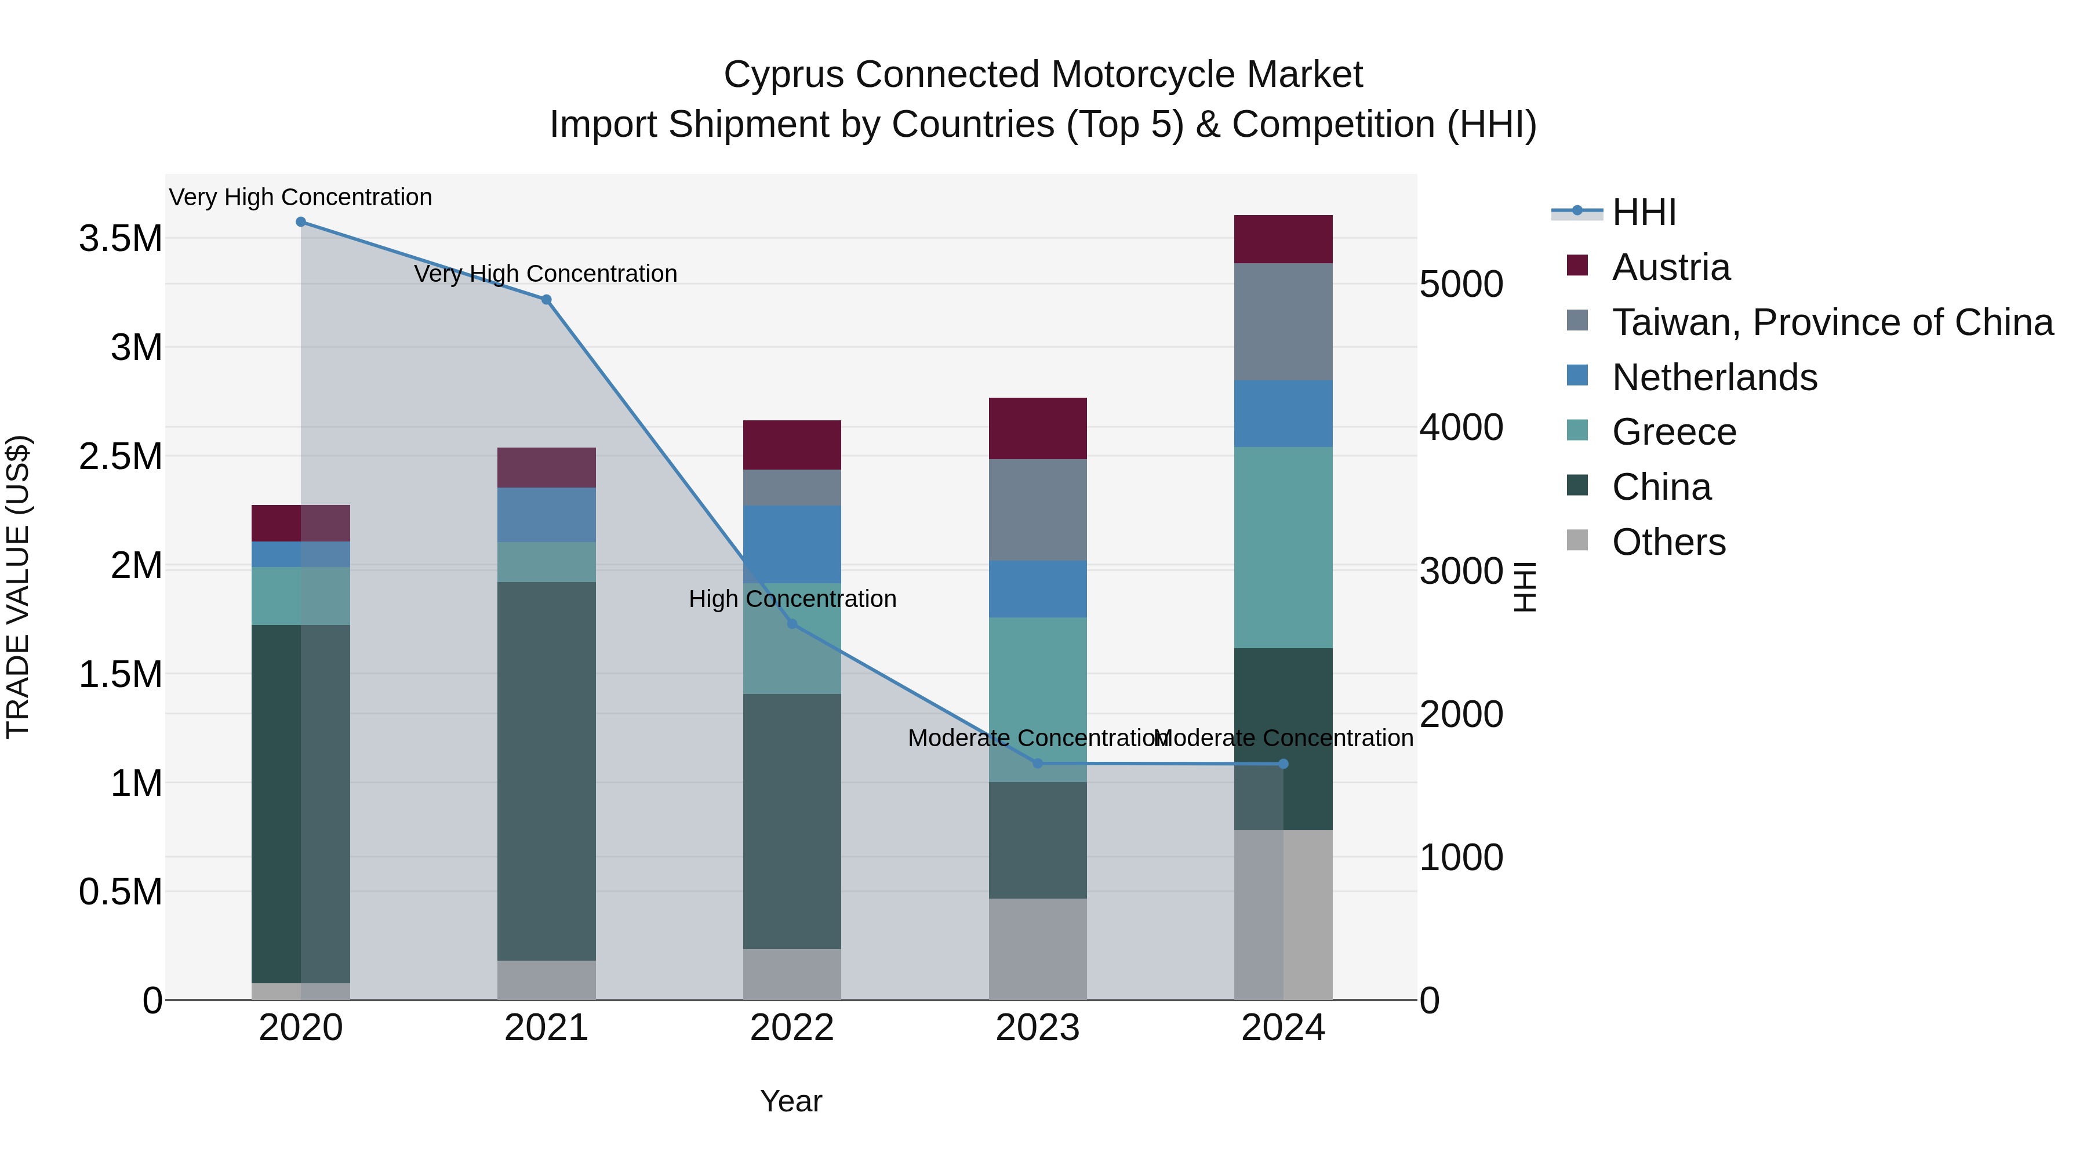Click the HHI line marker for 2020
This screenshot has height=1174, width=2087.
click(x=300, y=222)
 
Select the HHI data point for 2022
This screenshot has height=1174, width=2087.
click(x=792, y=624)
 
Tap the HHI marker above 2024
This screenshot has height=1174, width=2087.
click(x=1284, y=764)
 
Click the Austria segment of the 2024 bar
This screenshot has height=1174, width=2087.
click(x=1284, y=239)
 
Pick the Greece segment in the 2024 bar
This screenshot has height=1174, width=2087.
click(x=1284, y=547)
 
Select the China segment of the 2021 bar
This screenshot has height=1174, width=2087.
click(x=546, y=770)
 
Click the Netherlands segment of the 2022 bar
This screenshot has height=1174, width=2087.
click(x=792, y=544)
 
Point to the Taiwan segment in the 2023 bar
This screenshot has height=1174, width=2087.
click(x=1038, y=510)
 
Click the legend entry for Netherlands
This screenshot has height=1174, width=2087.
click(x=1714, y=377)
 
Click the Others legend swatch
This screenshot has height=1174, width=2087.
click(x=1577, y=540)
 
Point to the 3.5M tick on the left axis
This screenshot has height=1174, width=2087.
click(x=120, y=239)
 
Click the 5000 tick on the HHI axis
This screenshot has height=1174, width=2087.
click(x=1461, y=285)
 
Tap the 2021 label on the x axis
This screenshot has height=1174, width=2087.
click(x=546, y=1028)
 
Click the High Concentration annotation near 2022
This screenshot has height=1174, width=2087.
click(x=792, y=599)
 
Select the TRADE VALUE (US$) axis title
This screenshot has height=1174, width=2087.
click(x=19, y=587)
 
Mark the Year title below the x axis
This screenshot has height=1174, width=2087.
click(x=791, y=1101)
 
